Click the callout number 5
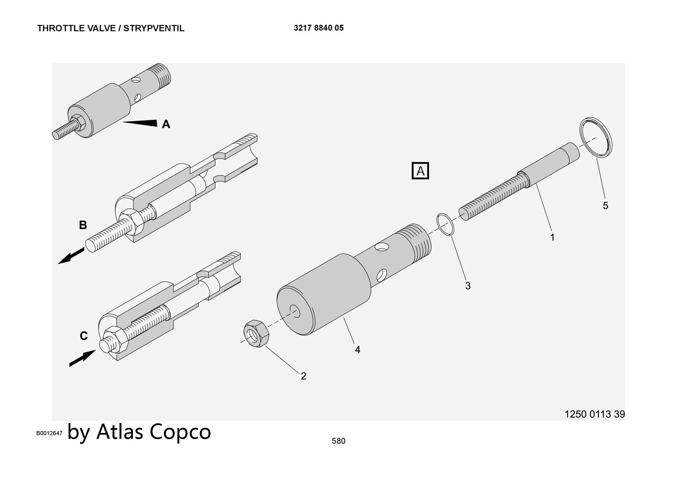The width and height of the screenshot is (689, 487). (x=605, y=206)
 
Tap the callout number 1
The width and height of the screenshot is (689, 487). (x=552, y=237)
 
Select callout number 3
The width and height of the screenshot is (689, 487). (x=467, y=286)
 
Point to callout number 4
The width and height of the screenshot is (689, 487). (x=357, y=350)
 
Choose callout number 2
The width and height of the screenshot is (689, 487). (x=303, y=376)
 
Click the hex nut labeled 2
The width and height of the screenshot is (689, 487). (x=256, y=333)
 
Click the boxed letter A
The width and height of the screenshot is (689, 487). (x=420, y=171)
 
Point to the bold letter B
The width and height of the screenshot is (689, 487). (x=83, y=225)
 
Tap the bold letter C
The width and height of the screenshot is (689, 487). (x=84, y=336)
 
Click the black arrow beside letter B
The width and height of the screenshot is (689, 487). (x=71, y=256)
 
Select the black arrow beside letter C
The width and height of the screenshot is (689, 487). (x=82, y=358)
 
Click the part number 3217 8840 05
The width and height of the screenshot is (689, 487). (x=319, y=28)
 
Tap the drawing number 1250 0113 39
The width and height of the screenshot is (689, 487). (x=595, y=414)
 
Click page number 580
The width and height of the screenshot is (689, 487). (x=338, y=441)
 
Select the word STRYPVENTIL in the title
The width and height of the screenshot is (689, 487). (x=154, y=28)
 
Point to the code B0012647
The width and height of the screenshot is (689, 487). (x=49, y=433)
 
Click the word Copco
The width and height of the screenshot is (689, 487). (x=180, y=432)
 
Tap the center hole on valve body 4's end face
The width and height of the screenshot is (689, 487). (x=295, y=311)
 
